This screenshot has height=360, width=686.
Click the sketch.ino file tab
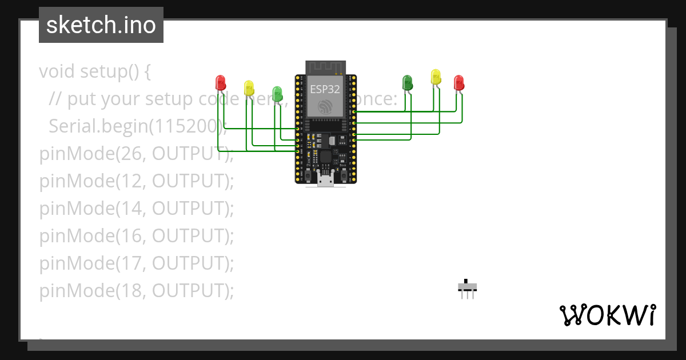click(101, 25)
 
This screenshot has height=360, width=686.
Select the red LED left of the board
click(220, 83)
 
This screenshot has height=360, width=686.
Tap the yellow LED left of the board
click(249, 87)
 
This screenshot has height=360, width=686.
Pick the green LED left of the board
click(277, 93)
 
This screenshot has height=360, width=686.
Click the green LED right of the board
click(408, 82)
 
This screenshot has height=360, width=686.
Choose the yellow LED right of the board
click(436, 77)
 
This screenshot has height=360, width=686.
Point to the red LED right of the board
click(458, 83)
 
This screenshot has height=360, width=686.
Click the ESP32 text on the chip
click(325, 89)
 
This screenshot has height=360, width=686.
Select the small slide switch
click(468, 288)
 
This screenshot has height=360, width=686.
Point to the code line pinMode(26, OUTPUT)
click(137, 154)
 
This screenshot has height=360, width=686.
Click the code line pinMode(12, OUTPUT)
click(137, 181)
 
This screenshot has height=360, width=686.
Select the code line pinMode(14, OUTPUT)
click(137, 209)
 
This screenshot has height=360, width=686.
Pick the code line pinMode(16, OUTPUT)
click(137, 236)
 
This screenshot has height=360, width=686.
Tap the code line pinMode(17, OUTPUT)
click(137, 263)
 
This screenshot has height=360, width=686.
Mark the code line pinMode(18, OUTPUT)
click(137, 291)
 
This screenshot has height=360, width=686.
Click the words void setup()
click(89, 71)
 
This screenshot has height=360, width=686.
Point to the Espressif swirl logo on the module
click(325, 107)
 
